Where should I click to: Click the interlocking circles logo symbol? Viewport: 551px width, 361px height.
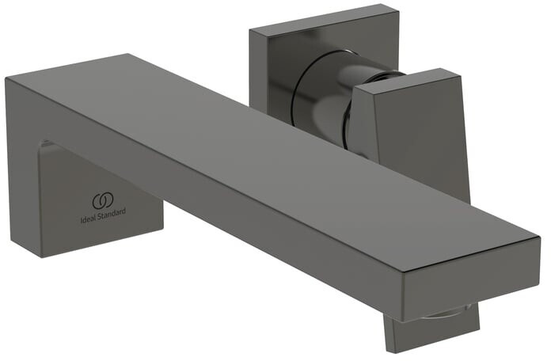(104, 199)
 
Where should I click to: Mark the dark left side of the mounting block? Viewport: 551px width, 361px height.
(24, 198)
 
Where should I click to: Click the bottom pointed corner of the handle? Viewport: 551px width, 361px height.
(467, 199)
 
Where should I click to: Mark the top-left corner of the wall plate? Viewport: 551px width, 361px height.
(250, 30)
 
